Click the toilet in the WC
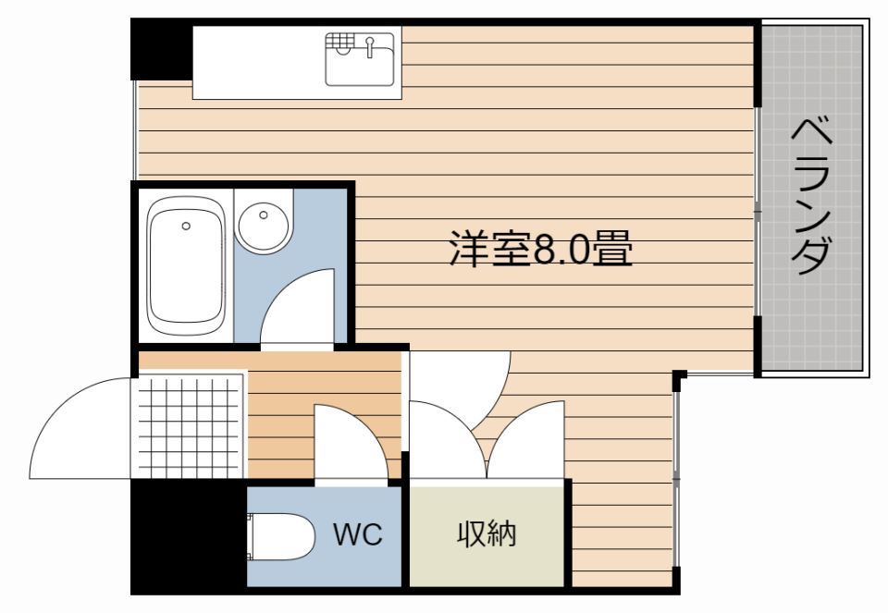[282, 537]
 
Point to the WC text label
[358, 535]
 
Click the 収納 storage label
[487, 533]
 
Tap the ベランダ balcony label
[812, 196]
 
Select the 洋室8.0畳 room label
[541, 248]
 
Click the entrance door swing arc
[79, 430]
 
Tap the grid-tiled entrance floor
[190, 425]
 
